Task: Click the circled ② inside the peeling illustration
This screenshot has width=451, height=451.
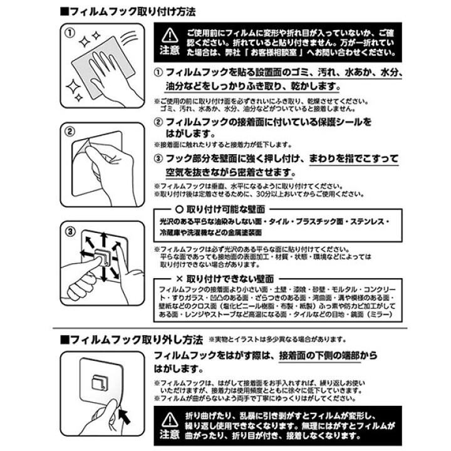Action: click(x=70, y=132)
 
